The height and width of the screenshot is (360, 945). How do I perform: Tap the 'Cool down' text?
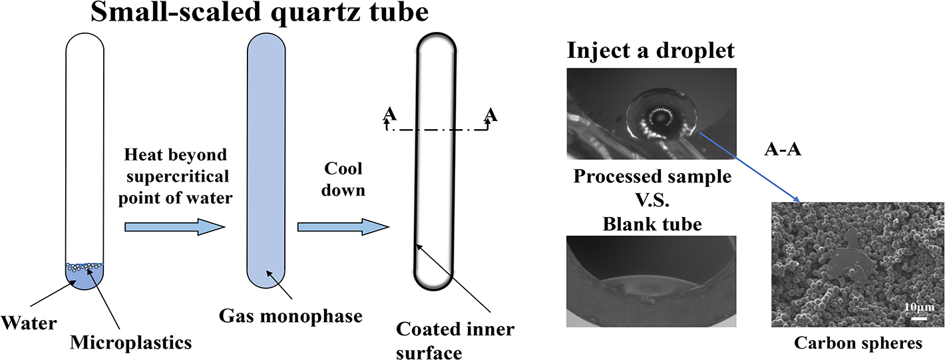[x=341, y=180]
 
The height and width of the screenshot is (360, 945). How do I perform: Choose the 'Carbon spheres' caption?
[x=858, y=343]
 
